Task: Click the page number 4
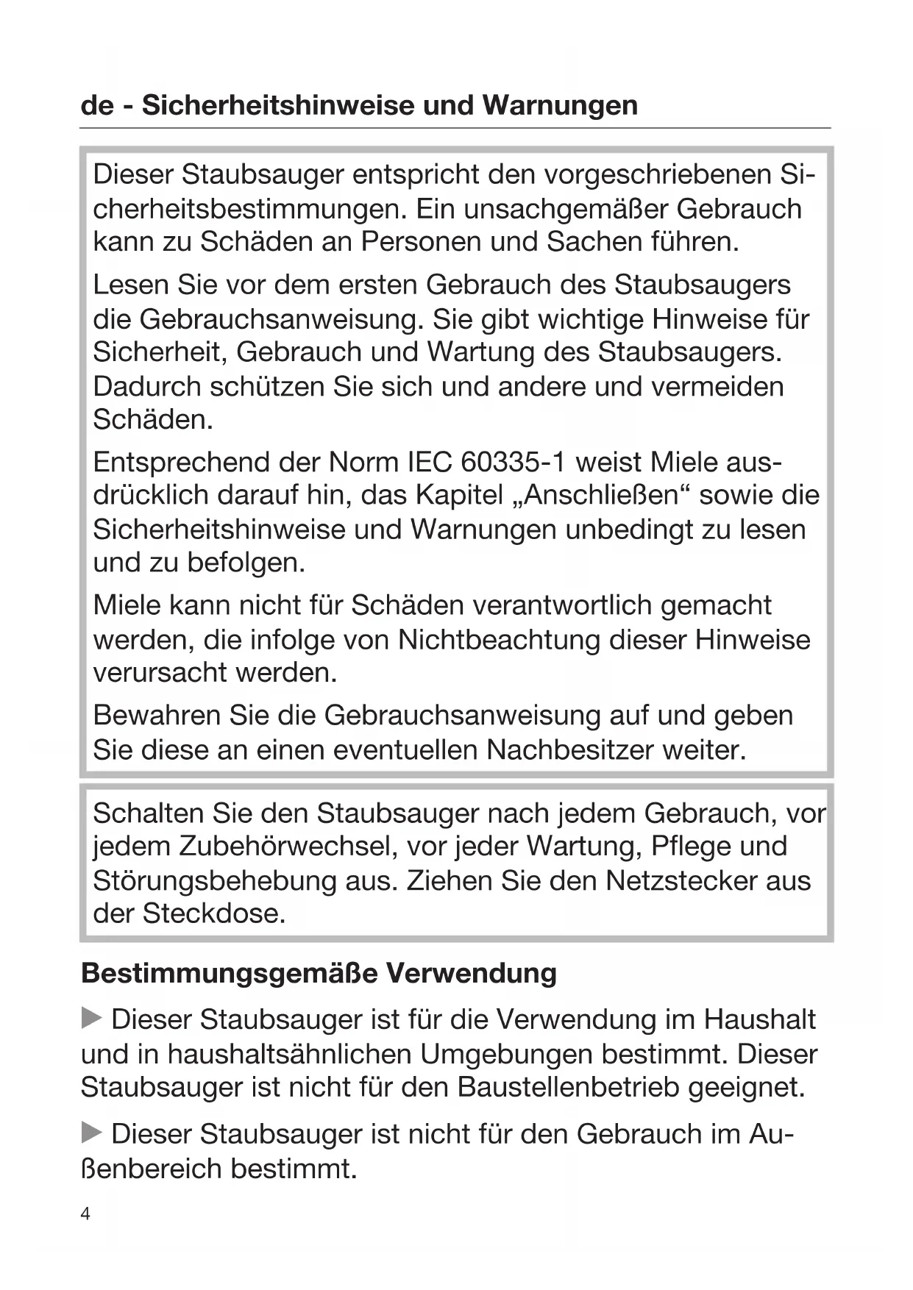tap(85, 1214)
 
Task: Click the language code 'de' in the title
tap(97, 105)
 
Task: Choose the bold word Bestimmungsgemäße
tap(230, 973)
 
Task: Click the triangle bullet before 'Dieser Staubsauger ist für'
tap(91, 1019)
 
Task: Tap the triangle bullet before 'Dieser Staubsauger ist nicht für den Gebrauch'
tap(91, 1133)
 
